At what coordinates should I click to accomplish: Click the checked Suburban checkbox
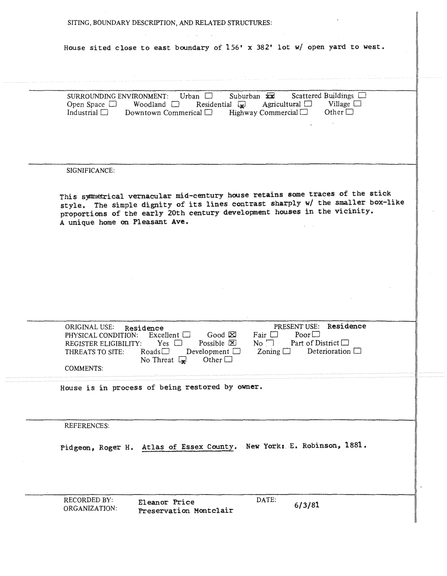click(270, 96)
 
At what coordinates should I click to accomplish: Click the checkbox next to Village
click(357, 104)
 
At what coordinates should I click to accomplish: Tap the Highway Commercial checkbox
click(304, 112)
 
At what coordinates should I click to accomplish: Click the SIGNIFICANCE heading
click(90, 171)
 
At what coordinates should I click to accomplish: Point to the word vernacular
click(150, 196)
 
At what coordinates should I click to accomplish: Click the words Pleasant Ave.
click(161, 222)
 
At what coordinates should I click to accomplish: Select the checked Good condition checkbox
click(232, 335)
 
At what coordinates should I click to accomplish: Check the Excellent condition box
click(186, 335)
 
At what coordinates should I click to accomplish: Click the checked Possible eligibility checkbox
click(232, 343)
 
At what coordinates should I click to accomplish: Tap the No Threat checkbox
click(182, 360)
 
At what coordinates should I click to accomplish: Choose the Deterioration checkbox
click(357, 351)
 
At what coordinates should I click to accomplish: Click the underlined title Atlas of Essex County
click(188, 447)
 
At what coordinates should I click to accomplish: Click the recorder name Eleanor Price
click(166, 502)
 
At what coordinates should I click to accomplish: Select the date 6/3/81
click(307, 505)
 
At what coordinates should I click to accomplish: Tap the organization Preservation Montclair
click(186, 511)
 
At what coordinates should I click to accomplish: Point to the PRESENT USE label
click(296, 327)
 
